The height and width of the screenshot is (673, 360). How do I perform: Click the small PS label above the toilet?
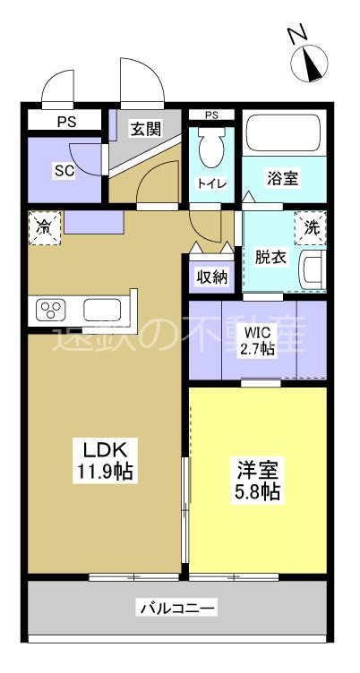coord(211,115)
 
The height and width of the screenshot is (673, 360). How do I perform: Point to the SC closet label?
coord(64,170)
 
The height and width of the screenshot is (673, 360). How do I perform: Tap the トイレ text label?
coord(211,183)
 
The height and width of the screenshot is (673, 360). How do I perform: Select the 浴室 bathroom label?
coord(283,178)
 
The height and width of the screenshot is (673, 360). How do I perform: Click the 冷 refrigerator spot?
coord(43,226)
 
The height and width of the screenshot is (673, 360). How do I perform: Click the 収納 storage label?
coord(211,277)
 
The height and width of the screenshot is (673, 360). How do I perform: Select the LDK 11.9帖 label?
coord(104,460)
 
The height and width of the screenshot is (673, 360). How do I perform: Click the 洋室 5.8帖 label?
coord(257,479)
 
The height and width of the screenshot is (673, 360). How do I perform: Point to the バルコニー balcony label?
coord(176,609)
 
